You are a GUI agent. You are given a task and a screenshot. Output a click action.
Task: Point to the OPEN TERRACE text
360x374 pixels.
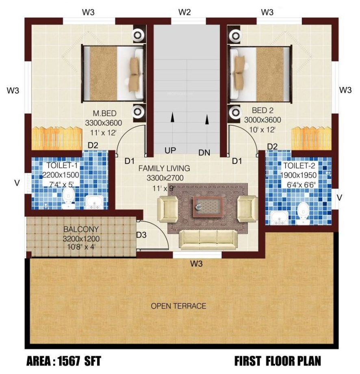coord(178,306)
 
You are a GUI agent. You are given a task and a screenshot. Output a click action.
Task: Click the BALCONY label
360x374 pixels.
coord(80,229)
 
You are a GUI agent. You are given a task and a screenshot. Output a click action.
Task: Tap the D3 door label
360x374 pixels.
coord(141,235)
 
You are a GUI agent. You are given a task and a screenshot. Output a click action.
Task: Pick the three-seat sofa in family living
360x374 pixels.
coord(208,239)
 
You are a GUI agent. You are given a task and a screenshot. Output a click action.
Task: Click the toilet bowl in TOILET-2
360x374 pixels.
coord(302,213)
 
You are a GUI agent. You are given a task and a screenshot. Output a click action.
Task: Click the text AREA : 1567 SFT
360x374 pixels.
coord(63,361)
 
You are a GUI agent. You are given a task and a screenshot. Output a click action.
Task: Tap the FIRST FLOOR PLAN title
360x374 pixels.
coord(278,361)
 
